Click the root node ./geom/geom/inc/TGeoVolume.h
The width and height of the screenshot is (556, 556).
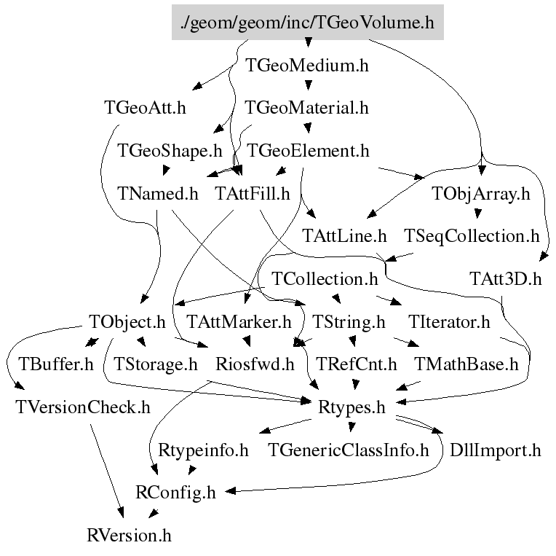(x=307, y=23)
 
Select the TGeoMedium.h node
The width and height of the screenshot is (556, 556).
(x=307, y=66)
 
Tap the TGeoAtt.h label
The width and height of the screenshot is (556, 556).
(x=145, y=108)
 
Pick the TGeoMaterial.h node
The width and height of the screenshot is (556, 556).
(x=307, y=108)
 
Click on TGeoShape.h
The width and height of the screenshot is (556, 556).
(x=170, y=151)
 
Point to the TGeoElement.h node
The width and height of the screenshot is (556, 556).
(x=309, y=151)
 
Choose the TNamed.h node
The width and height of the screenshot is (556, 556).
(x=157, y=194)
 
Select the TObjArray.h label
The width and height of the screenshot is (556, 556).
(x=480, y=194)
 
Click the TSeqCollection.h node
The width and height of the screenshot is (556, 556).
(x=472, y=236)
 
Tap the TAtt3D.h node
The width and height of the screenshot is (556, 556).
(x=506, y=279)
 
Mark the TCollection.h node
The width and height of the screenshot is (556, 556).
(x=325, y=279)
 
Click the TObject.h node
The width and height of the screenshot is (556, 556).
(x=127, y=321)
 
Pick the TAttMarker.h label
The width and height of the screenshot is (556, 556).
(x=238, y=321)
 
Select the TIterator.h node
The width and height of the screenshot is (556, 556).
(x=449, y=321)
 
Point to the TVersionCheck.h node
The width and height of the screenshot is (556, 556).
(x=82, y=407)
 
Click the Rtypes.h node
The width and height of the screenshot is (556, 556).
(x=352, y=407)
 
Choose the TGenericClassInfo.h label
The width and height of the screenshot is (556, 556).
(x=349, y=450)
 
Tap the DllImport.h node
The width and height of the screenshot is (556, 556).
(x=496, y=450)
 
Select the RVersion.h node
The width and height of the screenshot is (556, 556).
(x=128, y=536)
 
